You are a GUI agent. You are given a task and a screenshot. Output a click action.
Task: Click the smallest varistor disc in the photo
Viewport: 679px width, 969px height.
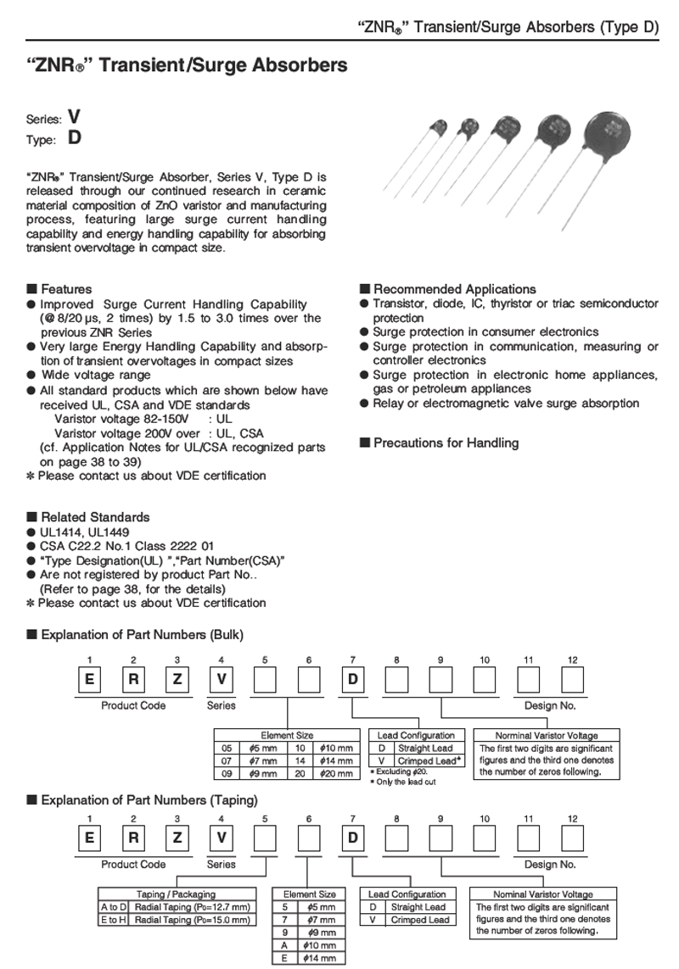[439, 128]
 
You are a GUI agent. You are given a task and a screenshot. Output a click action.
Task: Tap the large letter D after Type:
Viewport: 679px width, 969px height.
[75, 137]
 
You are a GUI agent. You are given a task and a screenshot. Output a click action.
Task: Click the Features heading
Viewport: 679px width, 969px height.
[66, 289]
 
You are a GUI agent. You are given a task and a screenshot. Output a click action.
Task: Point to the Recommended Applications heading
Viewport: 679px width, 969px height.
[455, 289]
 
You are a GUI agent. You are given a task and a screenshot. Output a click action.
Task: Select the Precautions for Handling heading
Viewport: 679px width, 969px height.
[446, 443]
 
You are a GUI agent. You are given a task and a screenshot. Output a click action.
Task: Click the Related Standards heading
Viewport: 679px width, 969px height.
[95, 517]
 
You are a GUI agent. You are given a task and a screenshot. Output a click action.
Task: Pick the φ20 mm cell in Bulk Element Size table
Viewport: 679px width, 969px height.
[339, 772]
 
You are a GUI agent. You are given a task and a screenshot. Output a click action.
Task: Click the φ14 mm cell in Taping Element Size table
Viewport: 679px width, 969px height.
[323, 958]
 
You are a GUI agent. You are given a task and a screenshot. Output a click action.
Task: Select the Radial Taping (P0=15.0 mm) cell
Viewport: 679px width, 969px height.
[193, 920]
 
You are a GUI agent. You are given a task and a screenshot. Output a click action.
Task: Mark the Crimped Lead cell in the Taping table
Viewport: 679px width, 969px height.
[420, 920]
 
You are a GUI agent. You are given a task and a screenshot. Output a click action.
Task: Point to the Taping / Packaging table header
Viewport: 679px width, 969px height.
[176, 894]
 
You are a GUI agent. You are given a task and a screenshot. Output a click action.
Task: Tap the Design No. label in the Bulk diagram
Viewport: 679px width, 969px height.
[550, 705]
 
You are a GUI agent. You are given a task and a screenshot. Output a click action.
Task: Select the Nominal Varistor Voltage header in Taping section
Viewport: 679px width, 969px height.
[543, 894]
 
